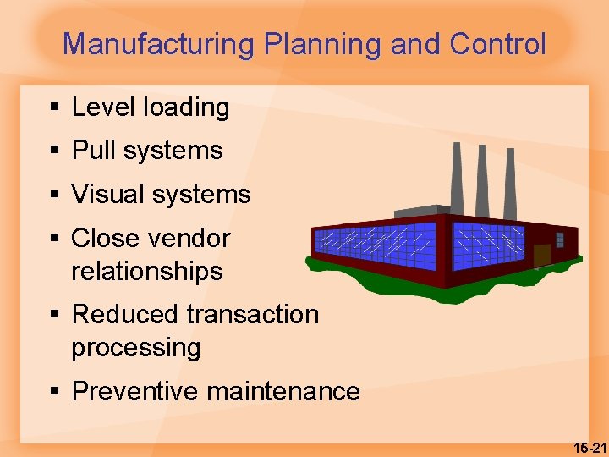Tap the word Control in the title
tap(498, 44)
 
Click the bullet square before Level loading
tap(54, 107)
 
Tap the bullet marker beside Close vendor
tap(54, 239)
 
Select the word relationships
tap(147, 272)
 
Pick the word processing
tap(136, 348)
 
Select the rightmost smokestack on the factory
tap(510, 182)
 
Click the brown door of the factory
tap(541, 255)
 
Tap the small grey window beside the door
tap(559, 240)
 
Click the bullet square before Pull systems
tap(54, 151)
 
